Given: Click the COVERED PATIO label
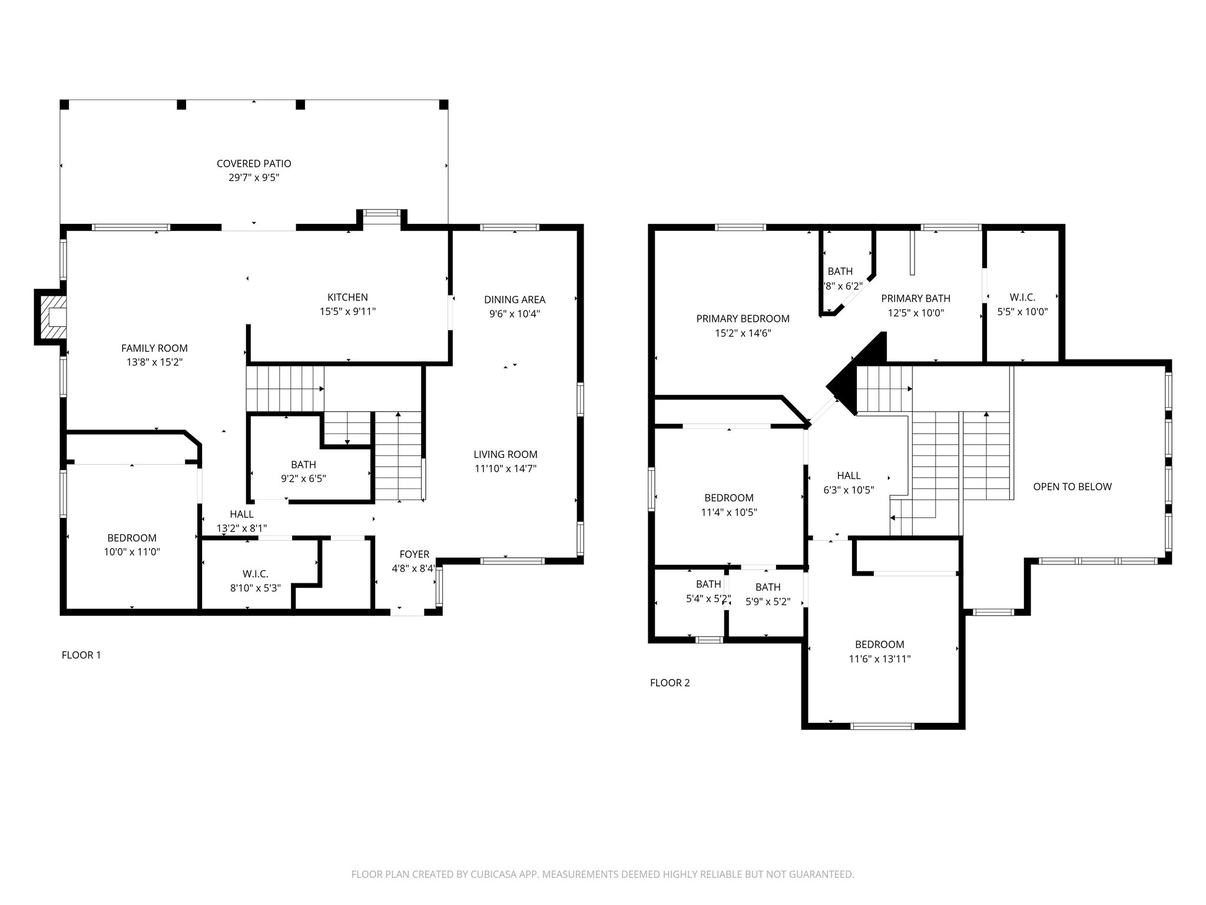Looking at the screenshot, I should tap(254, 164).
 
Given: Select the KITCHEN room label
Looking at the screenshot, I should tap(347, 298).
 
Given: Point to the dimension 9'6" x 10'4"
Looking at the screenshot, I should tap(515, 314).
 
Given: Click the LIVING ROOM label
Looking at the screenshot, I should tap(505, 454).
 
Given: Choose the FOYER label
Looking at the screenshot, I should tap(414, 554).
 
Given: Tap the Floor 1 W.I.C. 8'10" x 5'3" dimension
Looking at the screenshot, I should tap(255, 588).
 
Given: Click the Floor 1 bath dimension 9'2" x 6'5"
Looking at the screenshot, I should tap(303, 479).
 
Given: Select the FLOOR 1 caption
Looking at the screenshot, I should tap(81, 655).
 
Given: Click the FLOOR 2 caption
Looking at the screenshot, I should tap(670, 683).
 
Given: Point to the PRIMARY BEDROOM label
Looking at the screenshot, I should tap(743, 319).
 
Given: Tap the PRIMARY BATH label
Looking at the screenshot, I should tap(916, 299).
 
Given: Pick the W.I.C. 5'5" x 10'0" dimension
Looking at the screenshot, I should tap(1022, 312).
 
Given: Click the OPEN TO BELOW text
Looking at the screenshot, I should tap(1072, 487).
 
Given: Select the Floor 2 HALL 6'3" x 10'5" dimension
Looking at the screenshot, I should tap(849, 490).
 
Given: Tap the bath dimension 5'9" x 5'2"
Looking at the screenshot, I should tap(768, 602).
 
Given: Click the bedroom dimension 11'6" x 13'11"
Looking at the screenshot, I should tap(879, 659).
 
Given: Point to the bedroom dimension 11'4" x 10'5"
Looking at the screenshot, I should tap(728, 513).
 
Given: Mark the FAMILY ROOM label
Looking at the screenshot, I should tap(154, 348).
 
